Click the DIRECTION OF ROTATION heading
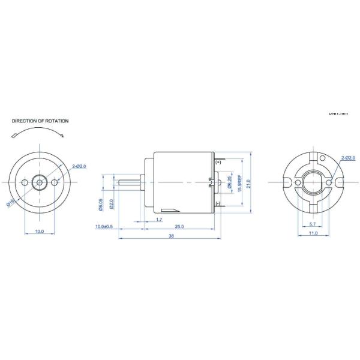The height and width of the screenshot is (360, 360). click(40, 121)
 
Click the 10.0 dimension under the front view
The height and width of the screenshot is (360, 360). click(39, 231)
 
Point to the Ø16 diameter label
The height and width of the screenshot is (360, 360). click(11, 202)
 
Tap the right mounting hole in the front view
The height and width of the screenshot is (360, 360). click(55, 182)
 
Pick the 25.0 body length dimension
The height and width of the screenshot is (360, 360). click(179, 227)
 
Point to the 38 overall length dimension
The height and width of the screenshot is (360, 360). click(171, 236)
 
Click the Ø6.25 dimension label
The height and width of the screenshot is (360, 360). click(229, 182)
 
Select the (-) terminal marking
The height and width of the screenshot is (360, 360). click(217, 203)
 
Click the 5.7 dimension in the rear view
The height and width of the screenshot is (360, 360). click(313, 223)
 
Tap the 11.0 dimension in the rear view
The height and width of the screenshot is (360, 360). click(313, 233)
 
